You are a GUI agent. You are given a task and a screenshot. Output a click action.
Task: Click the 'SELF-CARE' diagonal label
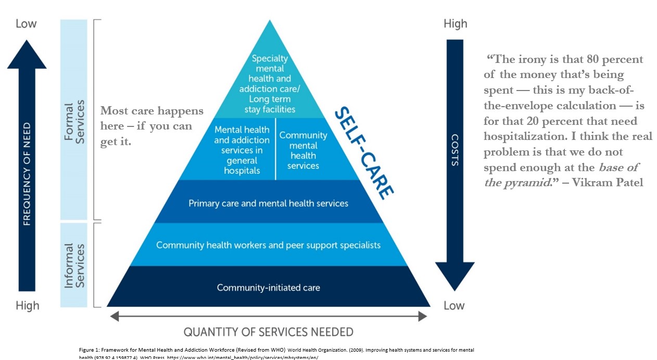363,153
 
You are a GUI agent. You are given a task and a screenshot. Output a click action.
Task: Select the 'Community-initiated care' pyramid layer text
268,287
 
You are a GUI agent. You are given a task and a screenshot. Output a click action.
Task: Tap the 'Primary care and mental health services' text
268,203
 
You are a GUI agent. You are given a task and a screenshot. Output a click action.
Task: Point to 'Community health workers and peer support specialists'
268,245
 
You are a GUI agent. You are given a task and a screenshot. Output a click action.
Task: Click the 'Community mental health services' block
303,150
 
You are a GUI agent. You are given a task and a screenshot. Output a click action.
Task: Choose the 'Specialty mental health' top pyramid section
270,84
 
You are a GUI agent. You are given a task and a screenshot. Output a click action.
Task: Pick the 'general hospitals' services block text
242,150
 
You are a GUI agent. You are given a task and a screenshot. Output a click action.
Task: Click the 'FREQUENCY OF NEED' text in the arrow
27,174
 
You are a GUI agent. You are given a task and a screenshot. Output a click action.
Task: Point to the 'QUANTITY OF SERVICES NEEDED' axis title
268,332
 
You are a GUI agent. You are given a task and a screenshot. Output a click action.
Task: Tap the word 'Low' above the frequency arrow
26,23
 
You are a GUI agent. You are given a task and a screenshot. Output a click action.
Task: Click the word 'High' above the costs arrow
455,23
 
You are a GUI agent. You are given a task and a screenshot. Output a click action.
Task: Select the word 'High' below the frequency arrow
27,305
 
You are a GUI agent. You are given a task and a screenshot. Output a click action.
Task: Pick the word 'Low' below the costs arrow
454,305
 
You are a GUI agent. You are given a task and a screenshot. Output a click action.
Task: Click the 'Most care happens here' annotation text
151,126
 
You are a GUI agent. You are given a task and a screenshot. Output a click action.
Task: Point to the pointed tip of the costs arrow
454,289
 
